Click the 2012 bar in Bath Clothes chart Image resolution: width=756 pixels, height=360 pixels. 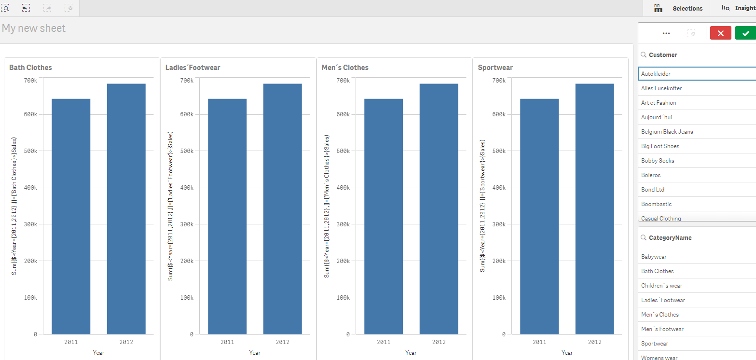126,208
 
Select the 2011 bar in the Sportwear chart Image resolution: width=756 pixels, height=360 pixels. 539,216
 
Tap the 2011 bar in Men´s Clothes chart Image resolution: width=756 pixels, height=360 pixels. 384,216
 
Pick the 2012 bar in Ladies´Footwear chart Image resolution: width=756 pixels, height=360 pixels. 282,208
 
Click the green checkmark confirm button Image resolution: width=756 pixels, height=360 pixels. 745,33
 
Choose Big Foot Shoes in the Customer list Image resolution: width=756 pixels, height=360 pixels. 660,146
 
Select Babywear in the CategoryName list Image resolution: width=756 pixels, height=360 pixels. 654,257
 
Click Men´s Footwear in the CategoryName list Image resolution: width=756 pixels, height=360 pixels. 662,329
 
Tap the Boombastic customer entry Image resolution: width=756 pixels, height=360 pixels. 656,204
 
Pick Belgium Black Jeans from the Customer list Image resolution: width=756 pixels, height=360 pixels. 667,132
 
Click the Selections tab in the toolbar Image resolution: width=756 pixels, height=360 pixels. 687,8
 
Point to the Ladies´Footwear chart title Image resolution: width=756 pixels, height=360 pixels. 192,68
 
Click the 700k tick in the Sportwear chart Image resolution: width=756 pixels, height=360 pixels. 498,80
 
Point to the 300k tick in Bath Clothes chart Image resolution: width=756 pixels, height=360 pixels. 30,224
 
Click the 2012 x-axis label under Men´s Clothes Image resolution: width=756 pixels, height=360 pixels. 439,342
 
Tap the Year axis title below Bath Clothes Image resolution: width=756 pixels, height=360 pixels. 98,353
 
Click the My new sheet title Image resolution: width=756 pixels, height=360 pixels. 34,28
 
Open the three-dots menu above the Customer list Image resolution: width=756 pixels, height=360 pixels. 666,33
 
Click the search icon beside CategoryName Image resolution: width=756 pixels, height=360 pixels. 643,238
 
